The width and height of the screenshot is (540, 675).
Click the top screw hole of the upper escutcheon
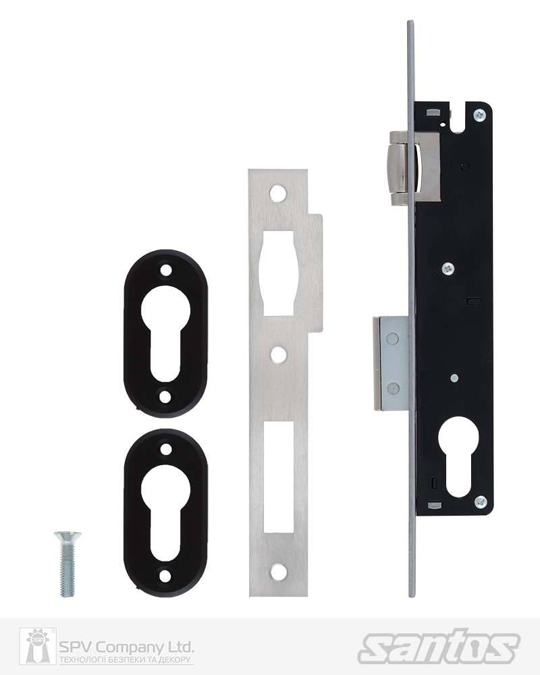tap(165, 271)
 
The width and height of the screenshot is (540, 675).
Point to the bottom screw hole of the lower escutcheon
tap(165, 576)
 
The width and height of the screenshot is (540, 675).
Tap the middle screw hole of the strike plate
tap(278, 354)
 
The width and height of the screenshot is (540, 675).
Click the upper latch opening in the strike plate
tap(278, 273)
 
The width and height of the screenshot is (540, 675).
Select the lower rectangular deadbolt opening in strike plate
tap(279, 477)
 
